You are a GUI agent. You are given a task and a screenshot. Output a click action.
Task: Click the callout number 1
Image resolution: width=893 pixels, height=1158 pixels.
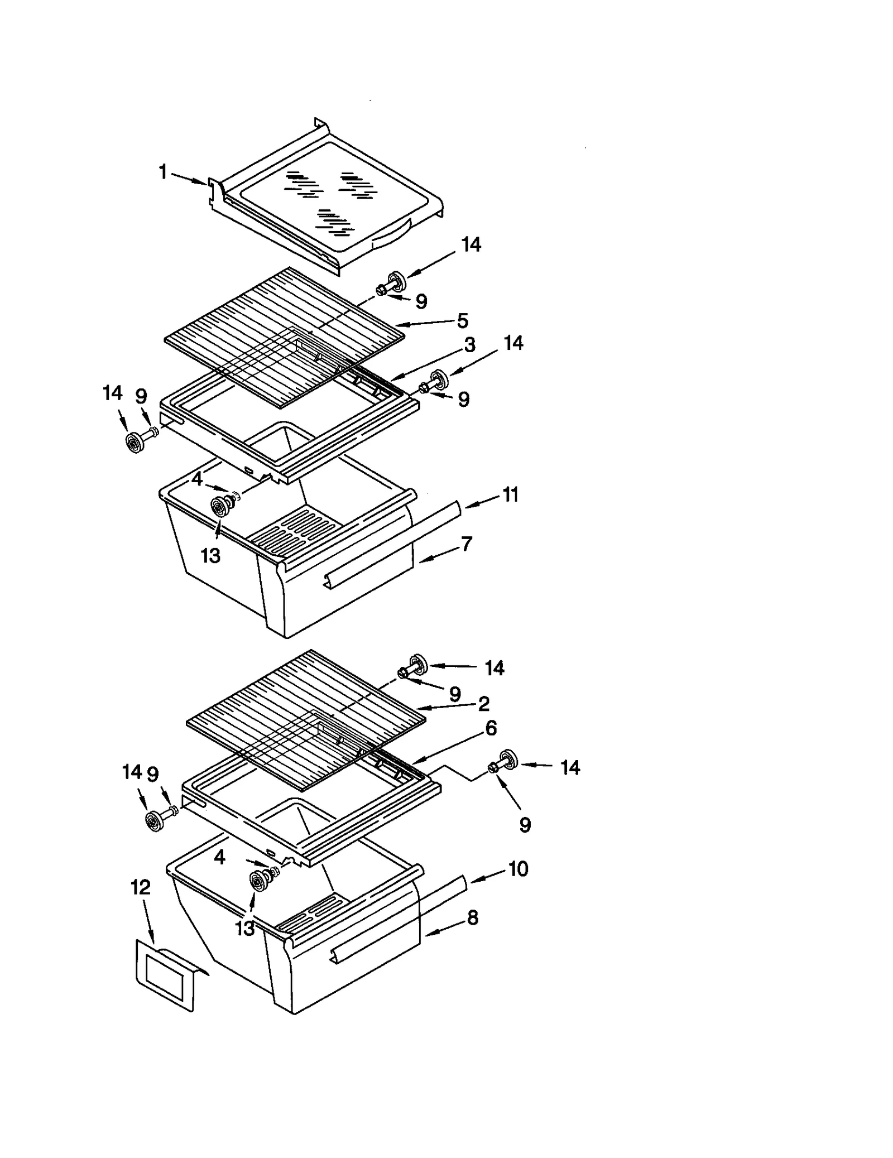tap(163, 172)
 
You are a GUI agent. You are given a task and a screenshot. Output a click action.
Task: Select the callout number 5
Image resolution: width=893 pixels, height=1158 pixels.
tap(462, 321)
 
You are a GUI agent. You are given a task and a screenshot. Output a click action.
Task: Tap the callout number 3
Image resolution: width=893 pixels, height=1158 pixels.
tap(469, 345)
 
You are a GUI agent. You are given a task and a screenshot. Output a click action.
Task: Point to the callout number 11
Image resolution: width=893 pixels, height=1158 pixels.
tap(510, 494)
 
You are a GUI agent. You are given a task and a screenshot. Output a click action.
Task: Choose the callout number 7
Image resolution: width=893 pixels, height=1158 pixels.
tap(466, 544)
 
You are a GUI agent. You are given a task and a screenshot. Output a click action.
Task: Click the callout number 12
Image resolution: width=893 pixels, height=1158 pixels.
tap(141, 887)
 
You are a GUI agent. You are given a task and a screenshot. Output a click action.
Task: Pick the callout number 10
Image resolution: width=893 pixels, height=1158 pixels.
tap(518, 869)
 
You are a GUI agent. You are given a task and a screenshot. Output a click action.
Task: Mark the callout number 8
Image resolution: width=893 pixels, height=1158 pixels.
tap(472, 918)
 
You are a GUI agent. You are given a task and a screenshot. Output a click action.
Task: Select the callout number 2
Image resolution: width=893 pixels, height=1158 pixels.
tap(483, 704)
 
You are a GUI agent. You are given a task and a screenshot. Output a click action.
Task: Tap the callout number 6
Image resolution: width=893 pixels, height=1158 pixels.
tap(491, 728)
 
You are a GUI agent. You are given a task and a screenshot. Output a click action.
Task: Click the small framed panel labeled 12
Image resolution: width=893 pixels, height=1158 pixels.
tap(167, 974)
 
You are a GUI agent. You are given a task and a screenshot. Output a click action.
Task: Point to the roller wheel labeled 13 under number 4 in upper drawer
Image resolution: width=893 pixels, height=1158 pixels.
tap(219, 506)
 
